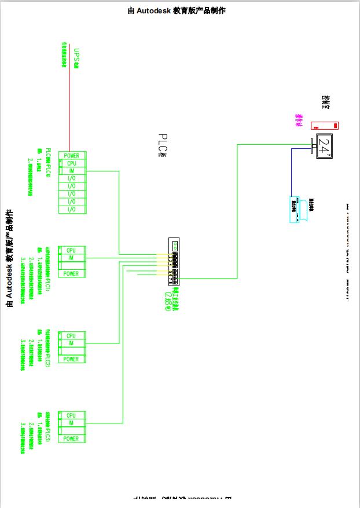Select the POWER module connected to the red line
click(72, 155)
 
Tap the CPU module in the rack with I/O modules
click(72, 163)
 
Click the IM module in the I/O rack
click(72, 171)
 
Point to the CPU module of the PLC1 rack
click(71, 250)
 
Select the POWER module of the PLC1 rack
click(71, 273)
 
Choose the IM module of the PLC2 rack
click(71, 343)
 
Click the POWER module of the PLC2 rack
click(71, 359)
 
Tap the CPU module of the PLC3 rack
click(71, 415)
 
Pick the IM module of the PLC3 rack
click(71, 423)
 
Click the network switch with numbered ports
click(174, 262)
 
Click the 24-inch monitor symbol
click(325, 145)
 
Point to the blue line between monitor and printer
click(292, 174)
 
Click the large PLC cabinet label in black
click(163, 145)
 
